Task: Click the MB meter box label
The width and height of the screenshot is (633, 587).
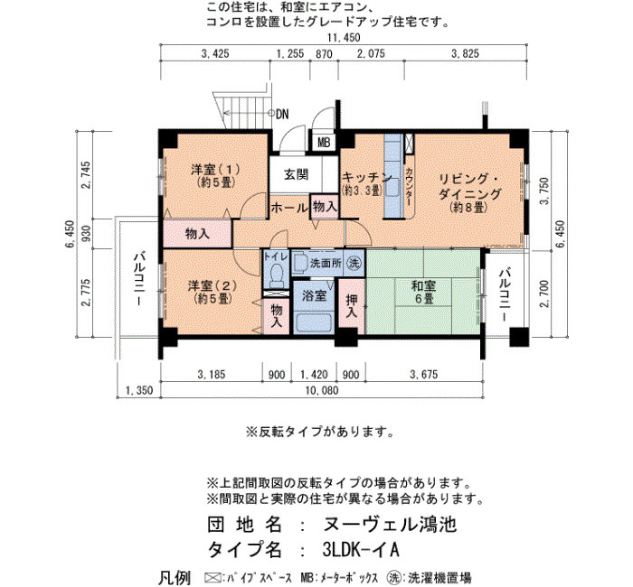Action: (x=324, y=143)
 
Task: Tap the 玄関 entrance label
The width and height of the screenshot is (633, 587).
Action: (x=297, y=175)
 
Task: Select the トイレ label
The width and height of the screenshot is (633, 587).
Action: (x=276, y=256)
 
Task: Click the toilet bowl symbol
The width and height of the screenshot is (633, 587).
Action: (x=277, y=274)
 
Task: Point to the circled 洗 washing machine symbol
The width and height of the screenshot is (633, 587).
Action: (x=354, y=264)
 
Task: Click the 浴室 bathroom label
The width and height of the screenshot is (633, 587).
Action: (x=314, y=295)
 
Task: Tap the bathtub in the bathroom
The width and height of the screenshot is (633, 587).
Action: (x=314, y=322)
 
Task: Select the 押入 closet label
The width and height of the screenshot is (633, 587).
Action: (x=351, y=305)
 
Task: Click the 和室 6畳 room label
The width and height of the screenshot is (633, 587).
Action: (x=423, y=293)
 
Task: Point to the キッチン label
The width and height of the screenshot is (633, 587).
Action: (x=367, y=178)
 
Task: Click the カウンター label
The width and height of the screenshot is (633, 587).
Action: (x=410, y=187)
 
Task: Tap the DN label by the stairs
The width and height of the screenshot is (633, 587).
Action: (x=282, y=115)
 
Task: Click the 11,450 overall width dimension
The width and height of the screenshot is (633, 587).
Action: (x=344, y=38)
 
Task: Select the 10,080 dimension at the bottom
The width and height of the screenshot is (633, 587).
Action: (x=322, y=390)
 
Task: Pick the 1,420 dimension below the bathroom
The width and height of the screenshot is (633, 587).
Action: (x=314, y=375)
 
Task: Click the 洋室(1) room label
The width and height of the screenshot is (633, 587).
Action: (x=216, y=176)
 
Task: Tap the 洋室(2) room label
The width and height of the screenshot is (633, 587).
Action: (x=212, y=292)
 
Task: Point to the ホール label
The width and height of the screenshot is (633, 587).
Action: (x=289, y=208)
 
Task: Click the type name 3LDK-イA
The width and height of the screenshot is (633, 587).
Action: (x=361, y=549)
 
